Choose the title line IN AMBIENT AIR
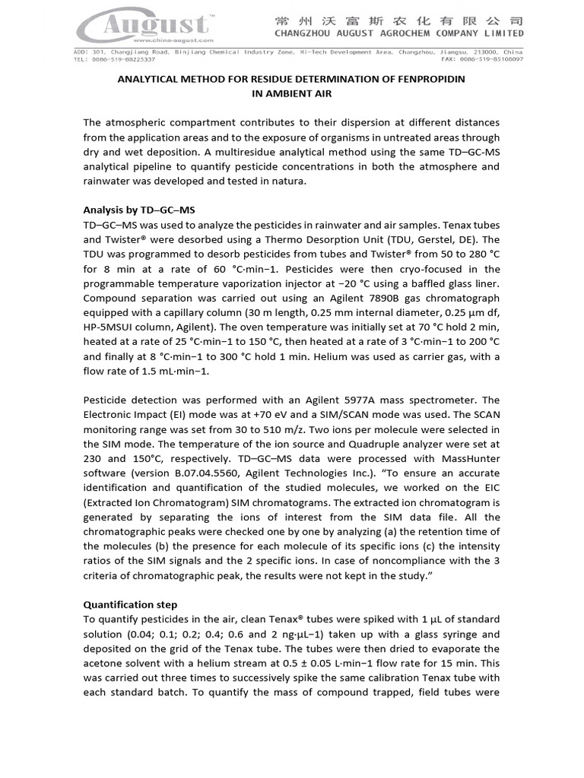pos(292,93)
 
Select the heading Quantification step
pos(130,605)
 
